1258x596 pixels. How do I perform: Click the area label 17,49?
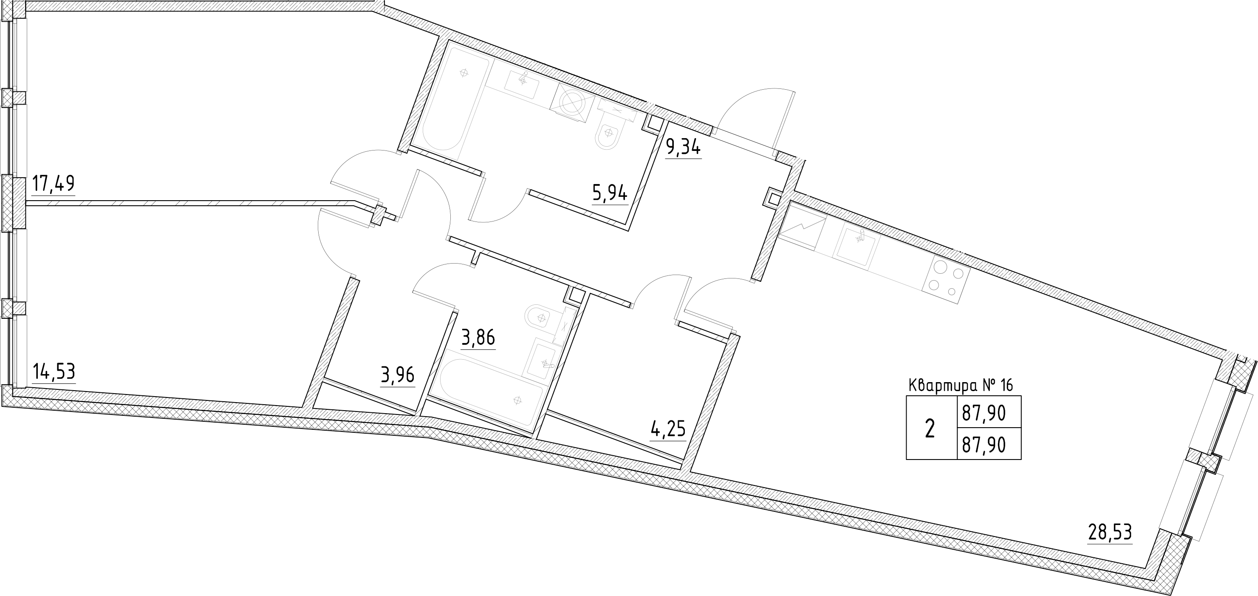click(53, 184)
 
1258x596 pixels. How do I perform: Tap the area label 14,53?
click(54, 372)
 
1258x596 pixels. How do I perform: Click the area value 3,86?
click(478, 338)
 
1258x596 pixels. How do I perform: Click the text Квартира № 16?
click(961, 386)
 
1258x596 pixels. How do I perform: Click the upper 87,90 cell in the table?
click(984, 414)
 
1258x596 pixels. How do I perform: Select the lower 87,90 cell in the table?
click(984, 445)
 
